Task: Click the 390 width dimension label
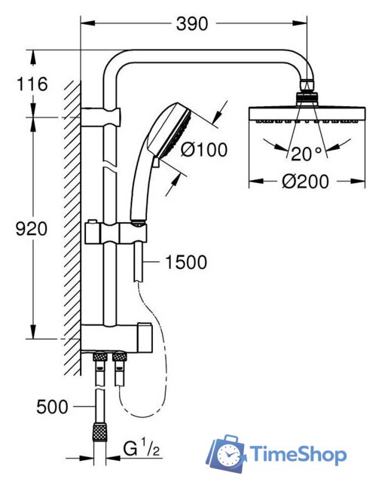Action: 193,24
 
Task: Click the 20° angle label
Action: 307,154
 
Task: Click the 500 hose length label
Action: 53,407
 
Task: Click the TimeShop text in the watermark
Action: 298,455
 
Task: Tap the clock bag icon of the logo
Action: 229,453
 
